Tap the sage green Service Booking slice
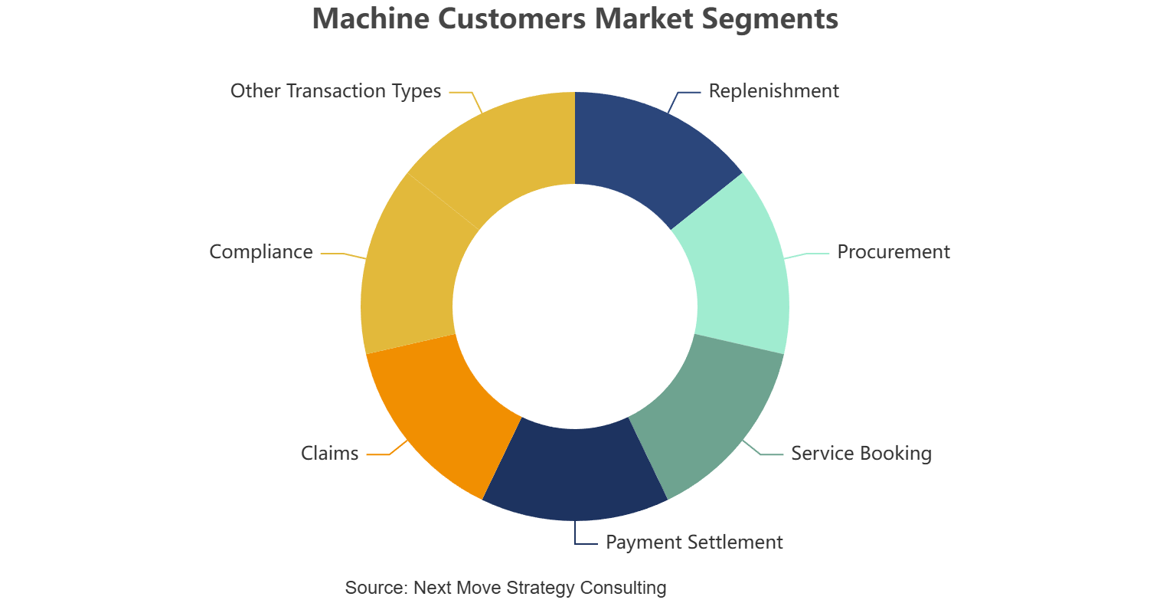[711, 411]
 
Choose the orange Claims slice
[439, 411]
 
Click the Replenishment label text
[773, 91]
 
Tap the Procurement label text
[894, 252]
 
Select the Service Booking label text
[861, 453]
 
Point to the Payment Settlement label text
[694, 543]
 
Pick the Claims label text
[329, 453]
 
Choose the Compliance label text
[261, 252]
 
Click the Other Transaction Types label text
[336, 91]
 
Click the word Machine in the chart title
[371, 18]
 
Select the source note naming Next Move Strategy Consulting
[505, 587]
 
